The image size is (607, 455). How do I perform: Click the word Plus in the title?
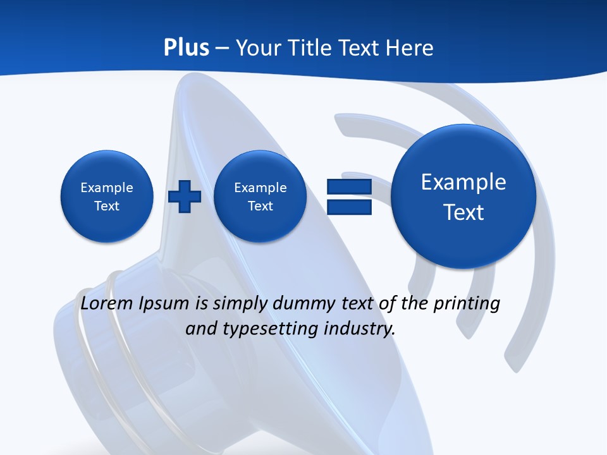coord(187,48)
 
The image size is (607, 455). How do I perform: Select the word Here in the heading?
coord(411,48)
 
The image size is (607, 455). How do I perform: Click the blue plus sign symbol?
coord(185,196)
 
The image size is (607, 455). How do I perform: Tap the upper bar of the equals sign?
coord(349,186)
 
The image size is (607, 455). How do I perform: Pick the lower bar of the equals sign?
coord(349,207)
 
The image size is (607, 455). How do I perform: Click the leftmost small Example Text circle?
coord(107,197)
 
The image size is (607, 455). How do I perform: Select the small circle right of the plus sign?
coord(260,197)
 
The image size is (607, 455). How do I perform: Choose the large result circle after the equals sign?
coord(463,197)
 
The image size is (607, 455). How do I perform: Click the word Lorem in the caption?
coord(107,303)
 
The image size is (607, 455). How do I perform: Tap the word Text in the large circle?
coord(463,212)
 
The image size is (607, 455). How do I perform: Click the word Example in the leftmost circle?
coord(107,188)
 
